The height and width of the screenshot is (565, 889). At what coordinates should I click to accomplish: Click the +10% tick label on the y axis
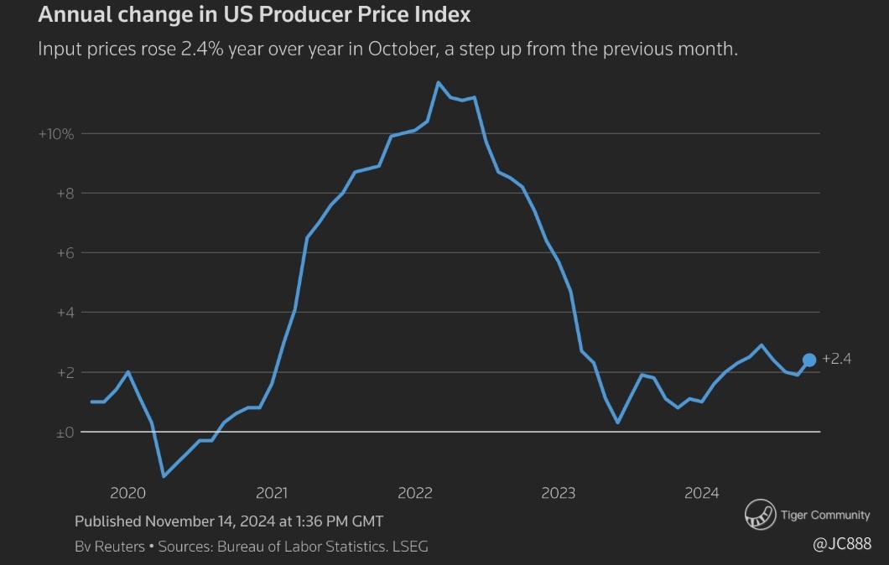(56, 134)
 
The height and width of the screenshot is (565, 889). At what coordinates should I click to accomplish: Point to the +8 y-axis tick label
(65, 194)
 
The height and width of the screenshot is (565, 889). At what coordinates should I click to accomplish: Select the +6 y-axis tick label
(65, 253)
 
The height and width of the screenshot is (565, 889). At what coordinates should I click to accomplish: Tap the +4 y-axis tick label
(65, 313)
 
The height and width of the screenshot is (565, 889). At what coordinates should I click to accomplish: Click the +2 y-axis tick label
(65, 372)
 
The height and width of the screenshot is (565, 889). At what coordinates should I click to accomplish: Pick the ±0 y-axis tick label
(65, 433)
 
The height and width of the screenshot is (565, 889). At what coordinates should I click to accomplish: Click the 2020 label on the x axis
(127, 493)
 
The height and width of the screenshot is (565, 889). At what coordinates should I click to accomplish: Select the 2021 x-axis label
(271, 493)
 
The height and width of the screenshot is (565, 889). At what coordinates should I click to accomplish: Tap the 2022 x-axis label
(414, 493)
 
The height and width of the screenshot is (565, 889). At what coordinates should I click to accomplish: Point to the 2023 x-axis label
(558, 493)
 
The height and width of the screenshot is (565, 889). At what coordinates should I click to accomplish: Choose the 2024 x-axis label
(701, 493)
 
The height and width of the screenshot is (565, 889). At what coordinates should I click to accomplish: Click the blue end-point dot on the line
(809, 360)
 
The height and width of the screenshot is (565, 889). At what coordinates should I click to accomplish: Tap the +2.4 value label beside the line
(836, 359)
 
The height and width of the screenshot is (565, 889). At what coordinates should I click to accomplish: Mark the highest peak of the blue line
(438, 82)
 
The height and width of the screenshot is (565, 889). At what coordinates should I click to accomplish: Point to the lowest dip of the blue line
(164, 476)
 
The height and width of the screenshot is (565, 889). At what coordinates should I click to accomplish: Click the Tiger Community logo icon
(761, 515)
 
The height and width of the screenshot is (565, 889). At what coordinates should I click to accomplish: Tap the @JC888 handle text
(842, 544)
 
